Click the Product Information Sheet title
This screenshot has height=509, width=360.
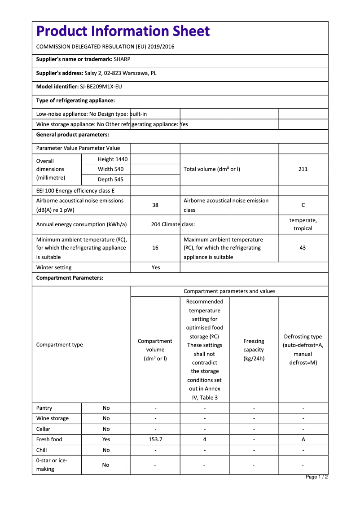tap(123, 31)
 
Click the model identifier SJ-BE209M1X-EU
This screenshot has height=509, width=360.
tap(101, 87)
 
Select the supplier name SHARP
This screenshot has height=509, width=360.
tap(122, 59)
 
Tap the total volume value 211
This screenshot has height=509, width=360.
tap(303, 169)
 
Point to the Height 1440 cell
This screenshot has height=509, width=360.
tap(112, 159)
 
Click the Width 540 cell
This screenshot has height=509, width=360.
tap(110, 169)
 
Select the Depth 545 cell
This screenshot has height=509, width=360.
tap(110, 180)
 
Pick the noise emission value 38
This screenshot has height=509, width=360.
tap(155, 205)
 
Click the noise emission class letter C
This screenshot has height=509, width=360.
tap(303, 205)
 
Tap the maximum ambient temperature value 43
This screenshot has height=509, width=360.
tap(303, 248)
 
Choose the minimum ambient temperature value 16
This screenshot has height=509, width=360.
tap(155, 248)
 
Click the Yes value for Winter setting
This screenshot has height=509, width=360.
tap(155, 268)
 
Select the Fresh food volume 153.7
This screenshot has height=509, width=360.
tap(155, 439)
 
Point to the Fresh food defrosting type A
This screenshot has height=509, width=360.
tap(303, 439)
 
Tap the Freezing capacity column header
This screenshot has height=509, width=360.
tap(254, 350)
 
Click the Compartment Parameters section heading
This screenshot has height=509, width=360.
tap(70, 278)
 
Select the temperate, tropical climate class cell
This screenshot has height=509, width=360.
tap(303, 224)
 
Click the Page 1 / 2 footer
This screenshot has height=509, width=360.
tap(316, 477)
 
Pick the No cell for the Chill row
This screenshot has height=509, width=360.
tap(106, 450)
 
